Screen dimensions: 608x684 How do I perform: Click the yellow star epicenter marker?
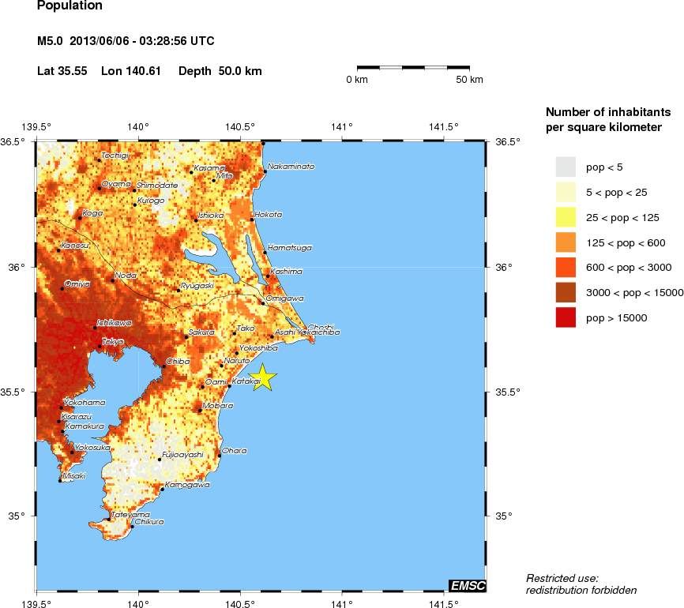coord(262,378)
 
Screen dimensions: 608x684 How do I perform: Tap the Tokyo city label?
coord(113,341)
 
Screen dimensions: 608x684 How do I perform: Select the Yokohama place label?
coord(85,402)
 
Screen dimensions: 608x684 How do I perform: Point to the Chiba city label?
coord(177,361)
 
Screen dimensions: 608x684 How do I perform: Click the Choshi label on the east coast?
coord(320,326)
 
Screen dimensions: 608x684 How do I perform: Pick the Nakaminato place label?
coord(291,167)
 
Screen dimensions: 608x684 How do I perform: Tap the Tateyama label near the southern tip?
coord(130,514)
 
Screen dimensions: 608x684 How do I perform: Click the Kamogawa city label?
coord(187,484)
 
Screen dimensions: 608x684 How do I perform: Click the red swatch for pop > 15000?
coord(566,317)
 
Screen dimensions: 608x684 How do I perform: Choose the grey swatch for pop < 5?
coord(566,167)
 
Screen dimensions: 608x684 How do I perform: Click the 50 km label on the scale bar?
coord(470,80)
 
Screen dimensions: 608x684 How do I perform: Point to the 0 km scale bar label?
coord(358,80)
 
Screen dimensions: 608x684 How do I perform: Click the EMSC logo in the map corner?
coord(467,585)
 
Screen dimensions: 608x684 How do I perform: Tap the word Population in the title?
coord(70,6)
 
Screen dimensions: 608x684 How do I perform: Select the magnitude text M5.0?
coord(51,41)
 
